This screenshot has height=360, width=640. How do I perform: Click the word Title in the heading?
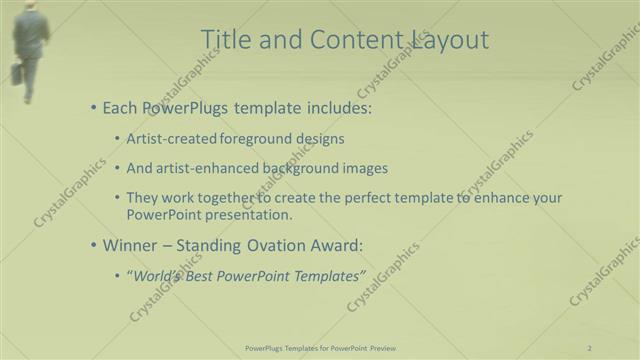(x=224, y=39)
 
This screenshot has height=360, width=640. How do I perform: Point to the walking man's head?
(x=30, y=5)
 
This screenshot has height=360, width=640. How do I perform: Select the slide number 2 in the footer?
(x=590, y=347)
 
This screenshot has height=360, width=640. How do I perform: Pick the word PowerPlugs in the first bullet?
(x=187, y=107)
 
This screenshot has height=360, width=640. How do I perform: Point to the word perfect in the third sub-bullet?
(x=368, y=198)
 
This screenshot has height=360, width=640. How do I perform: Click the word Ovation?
(x=276, y=244)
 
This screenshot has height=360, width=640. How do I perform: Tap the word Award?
(x=336, y=244)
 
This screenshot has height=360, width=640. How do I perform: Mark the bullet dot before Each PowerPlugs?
(x=94, y=107)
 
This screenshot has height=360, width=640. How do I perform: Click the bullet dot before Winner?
(x=94, y=244)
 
